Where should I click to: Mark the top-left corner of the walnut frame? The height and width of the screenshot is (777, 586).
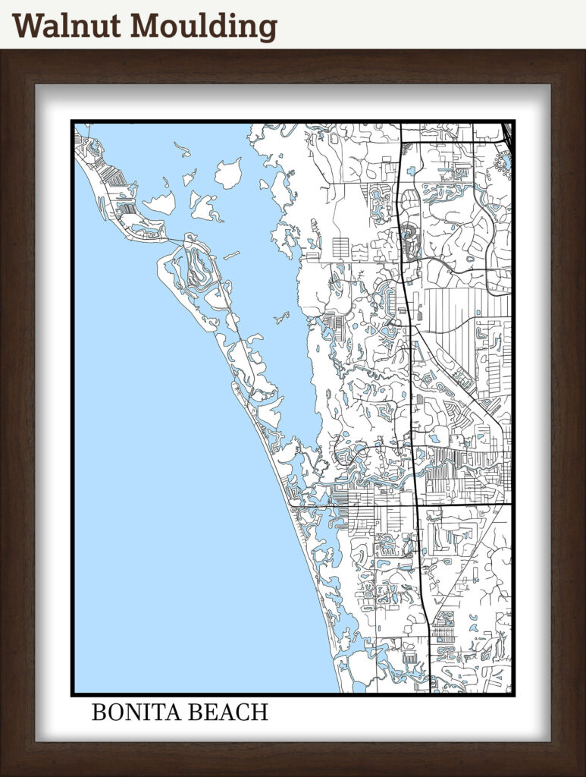2,52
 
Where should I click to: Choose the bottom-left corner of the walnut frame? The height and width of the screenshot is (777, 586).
2,774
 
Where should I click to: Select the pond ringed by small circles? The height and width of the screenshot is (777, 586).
503,160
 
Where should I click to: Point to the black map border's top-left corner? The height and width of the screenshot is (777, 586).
73,121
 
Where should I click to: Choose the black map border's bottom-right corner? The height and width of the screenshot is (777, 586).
514,694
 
